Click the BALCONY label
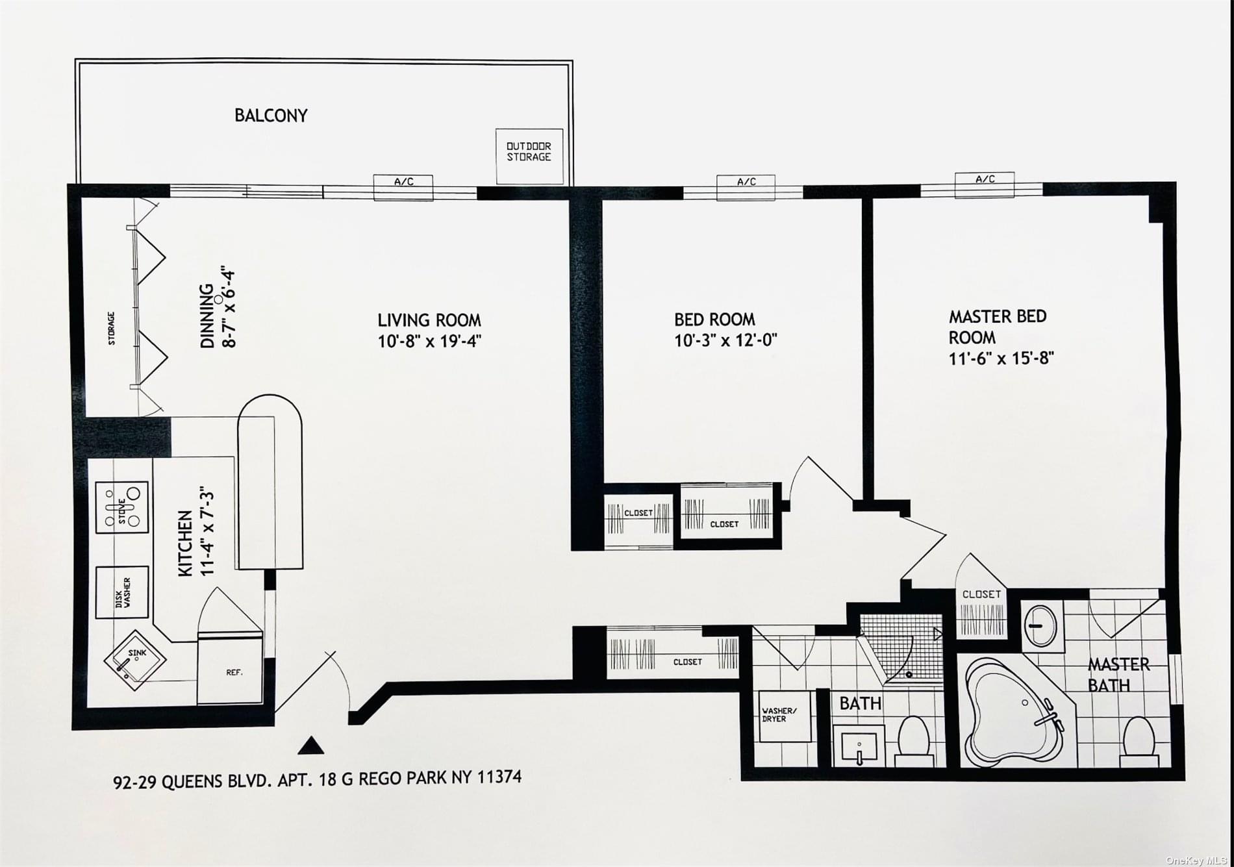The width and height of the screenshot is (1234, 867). point(271,116)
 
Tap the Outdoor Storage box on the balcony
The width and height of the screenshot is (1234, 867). point(529,156)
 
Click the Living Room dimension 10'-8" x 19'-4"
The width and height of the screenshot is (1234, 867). point(429,341)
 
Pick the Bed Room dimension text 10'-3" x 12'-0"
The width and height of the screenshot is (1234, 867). point(725,340)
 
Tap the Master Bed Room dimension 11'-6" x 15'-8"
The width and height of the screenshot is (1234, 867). point(1001,358)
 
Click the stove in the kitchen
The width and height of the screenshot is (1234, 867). point(122,507)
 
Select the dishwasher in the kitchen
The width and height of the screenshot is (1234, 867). point(122,592)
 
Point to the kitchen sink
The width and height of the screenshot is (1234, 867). point(135,660)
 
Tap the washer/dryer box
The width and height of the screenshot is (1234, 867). point(785,716)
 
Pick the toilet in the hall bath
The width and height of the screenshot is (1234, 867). point(916,739)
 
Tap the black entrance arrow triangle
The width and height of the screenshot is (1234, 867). point(310,746)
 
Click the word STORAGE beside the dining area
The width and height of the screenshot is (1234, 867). point(112,328)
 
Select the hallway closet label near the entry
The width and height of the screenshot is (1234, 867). point(687,662)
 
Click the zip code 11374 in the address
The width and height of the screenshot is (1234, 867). point(499,776)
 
